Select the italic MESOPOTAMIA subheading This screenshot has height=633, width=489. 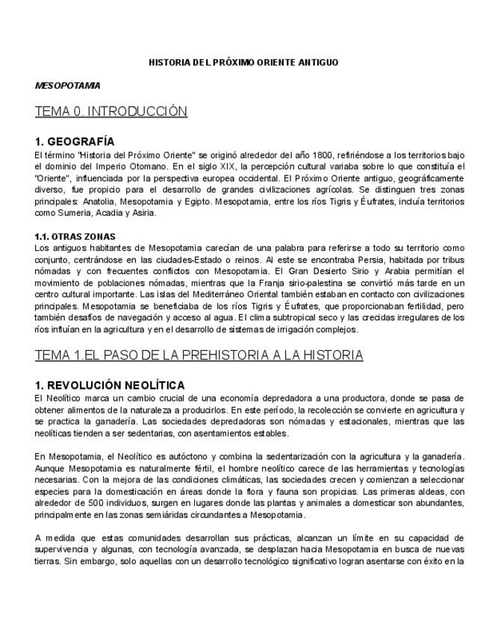pos(67,86)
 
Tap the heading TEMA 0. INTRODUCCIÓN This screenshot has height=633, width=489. pos(110,112)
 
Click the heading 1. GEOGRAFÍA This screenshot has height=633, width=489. pos(75,141)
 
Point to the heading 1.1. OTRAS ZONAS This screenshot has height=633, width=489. pos(75,237)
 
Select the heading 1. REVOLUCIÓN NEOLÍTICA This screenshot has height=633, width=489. pos(110,385)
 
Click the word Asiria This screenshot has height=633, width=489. pos(143,213)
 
